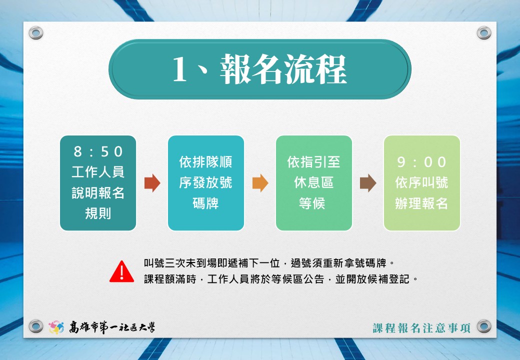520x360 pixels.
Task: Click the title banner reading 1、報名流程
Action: click(x=259, y=69)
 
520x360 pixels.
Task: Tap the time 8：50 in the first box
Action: click(x=98, y=151)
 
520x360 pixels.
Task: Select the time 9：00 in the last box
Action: click(x=421, y=162)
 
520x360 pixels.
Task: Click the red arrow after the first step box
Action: click(x=152, y=183)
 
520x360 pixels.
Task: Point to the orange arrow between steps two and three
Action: click(x=260, y=183)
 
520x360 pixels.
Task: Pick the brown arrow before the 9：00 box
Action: click(x=368, y=183)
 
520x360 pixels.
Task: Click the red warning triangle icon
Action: click(x=121, y=272)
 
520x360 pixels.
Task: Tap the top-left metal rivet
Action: click(x=36, y=33)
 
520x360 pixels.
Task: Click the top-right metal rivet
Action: click(x=484, y=33)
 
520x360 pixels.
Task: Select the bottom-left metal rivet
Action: click(x=36, y=326)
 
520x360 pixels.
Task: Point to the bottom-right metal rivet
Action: click(x=484, y=326)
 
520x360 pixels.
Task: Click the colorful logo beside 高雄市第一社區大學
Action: click(x=56, y=327)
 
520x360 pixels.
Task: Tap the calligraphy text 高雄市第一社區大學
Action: click(x=112, y=327)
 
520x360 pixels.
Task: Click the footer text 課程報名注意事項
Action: click(x=421, y=328)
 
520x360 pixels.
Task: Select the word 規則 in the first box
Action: click(x=98, y=213)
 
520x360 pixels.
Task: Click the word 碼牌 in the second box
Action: click(x=205, y=203)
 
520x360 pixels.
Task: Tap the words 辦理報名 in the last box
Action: click(x=421, y=203)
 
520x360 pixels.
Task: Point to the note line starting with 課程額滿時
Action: click(x=281, y=279)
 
